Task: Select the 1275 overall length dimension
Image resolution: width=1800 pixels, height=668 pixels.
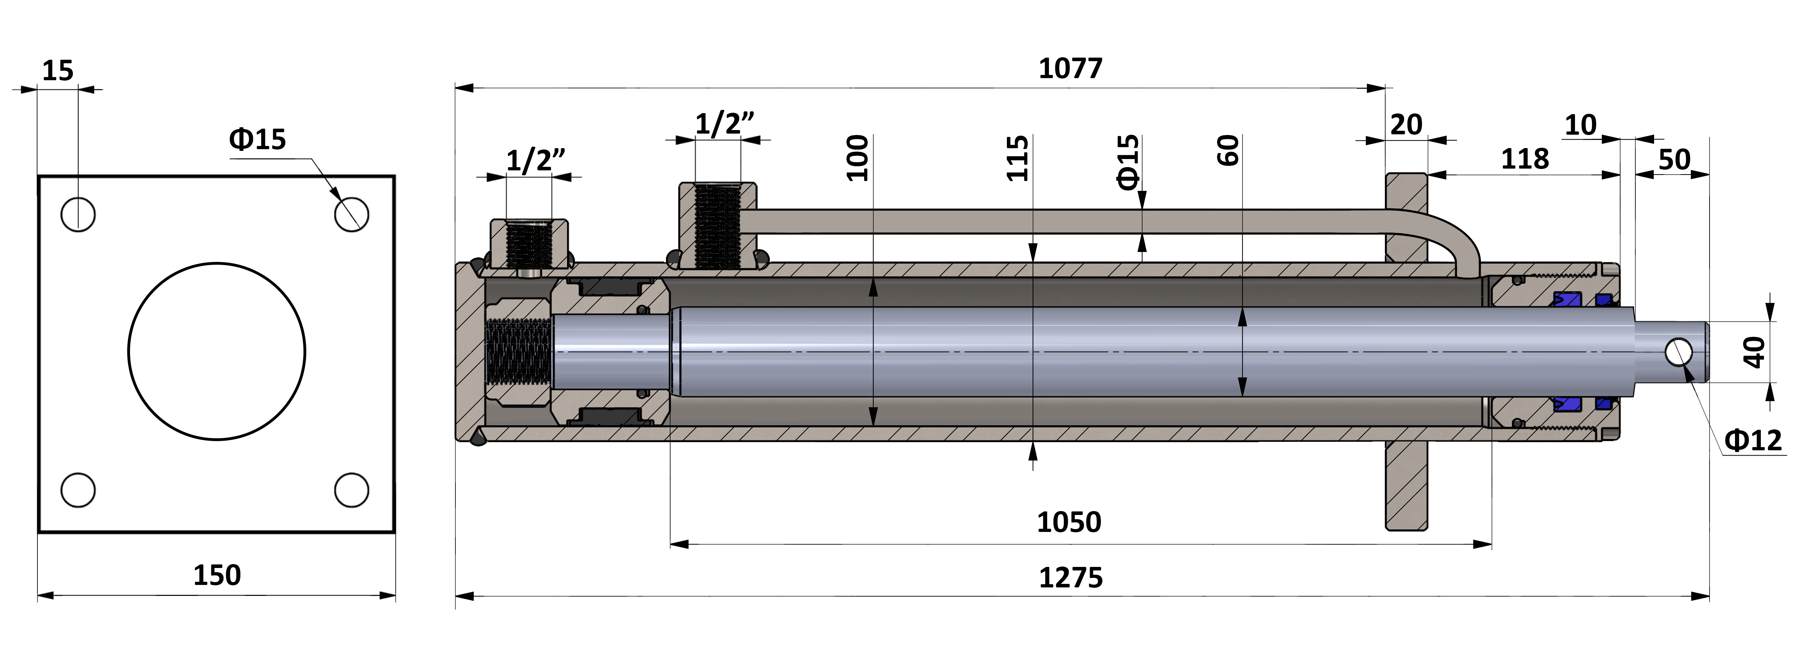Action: click(1070, 578)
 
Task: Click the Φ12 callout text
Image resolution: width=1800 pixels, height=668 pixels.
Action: click(1753, 440)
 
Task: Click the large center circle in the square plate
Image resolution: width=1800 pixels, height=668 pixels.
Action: click(217, 351)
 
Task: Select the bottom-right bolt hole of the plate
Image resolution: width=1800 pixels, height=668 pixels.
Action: click(352, 490)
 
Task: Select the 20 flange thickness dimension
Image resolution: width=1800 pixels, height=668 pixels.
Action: click(1406, 125)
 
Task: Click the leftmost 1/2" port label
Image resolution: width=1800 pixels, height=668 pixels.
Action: click(535, 161)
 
